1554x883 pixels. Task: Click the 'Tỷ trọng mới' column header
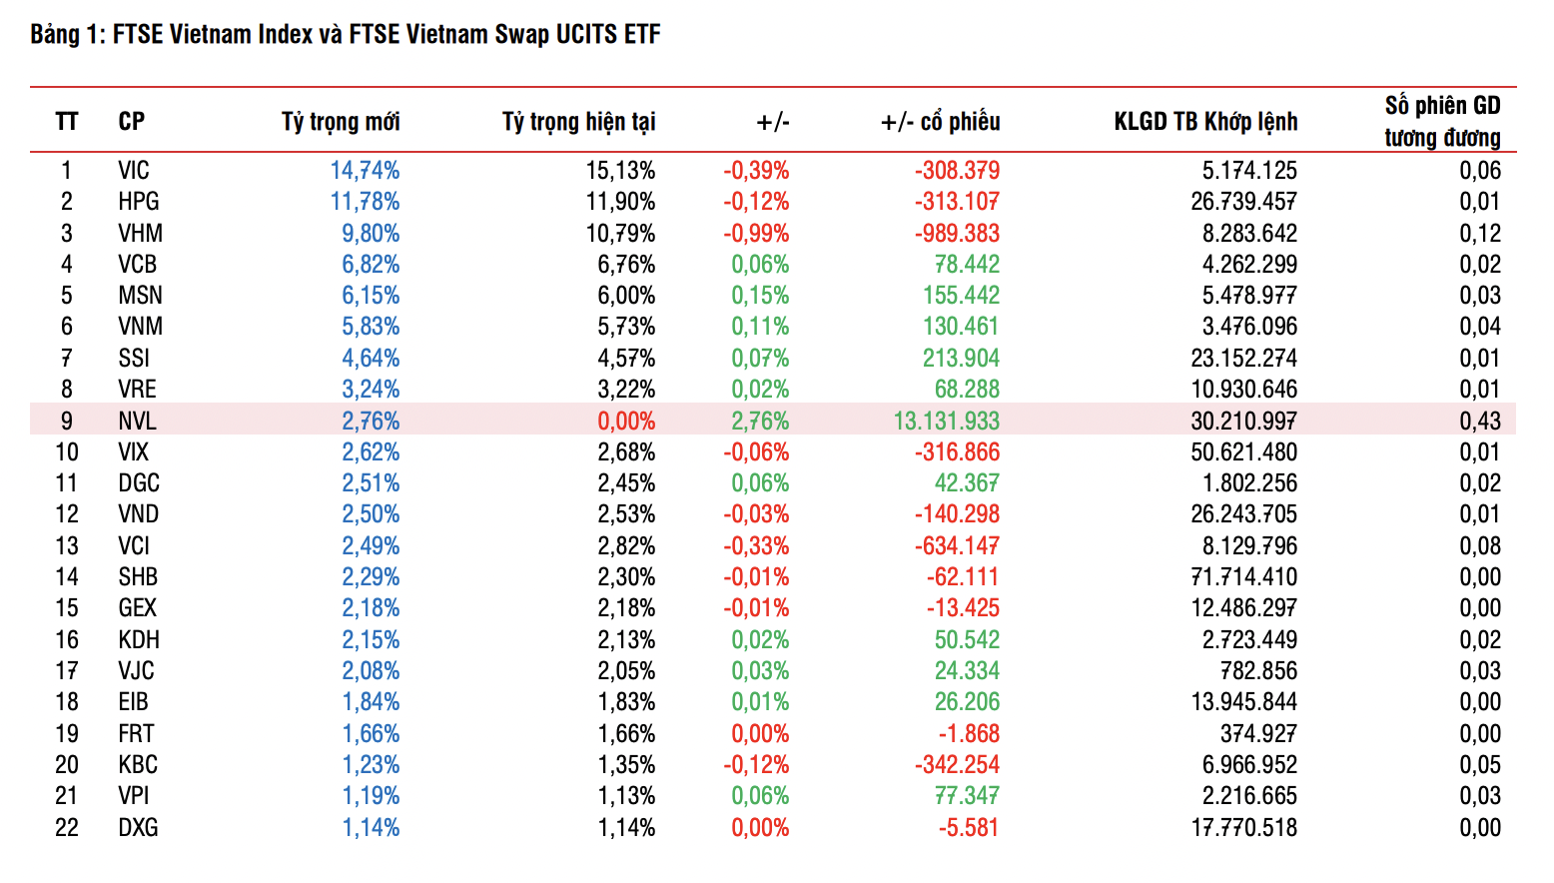point(341,122)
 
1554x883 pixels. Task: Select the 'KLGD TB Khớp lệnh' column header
point(1205,122)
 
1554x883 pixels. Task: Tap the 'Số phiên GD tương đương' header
point(1442,121)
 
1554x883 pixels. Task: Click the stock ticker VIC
point(134,171)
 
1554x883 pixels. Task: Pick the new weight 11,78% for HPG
point(365,202)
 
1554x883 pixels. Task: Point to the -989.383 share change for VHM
point(957,233)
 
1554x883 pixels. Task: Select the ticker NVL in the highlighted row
point(137,421)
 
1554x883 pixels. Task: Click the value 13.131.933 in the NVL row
point(946,421)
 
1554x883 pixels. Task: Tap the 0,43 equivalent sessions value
point(1479,421)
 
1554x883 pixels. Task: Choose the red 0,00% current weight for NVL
point(626,421)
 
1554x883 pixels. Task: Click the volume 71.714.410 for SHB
point(1243,577)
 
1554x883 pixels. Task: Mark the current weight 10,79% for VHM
point(620,233)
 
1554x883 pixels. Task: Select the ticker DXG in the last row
point(138,827)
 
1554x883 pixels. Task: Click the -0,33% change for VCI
point(756,545)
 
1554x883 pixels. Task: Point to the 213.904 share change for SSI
point(961,358)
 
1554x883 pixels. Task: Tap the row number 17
point(67,670)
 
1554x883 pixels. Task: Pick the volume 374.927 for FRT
point(1258,733)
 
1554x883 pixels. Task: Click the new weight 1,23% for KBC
point(371,764)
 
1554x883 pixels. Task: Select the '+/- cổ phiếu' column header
point(940,122)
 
